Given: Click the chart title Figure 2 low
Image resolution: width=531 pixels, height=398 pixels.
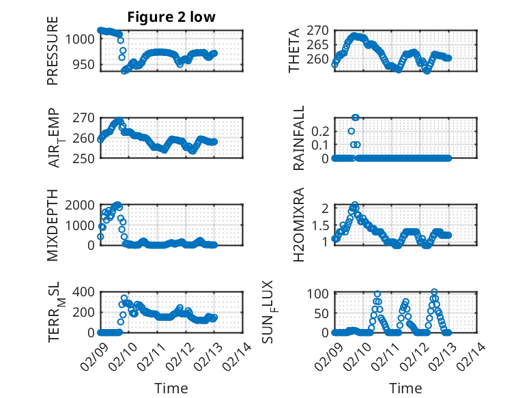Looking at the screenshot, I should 171,18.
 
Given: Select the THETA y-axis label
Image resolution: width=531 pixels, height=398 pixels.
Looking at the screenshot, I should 294,51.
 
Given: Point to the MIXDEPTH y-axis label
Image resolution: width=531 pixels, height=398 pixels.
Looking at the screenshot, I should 53,225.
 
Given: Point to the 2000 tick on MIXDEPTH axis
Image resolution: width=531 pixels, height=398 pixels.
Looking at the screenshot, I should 82,205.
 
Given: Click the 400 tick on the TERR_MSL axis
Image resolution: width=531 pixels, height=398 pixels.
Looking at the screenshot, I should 85,292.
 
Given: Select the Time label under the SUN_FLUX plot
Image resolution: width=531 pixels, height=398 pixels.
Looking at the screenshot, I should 406,388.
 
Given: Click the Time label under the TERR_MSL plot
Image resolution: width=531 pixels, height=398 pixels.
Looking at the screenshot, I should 171,388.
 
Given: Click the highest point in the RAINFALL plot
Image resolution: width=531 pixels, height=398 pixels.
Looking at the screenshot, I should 355,117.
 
